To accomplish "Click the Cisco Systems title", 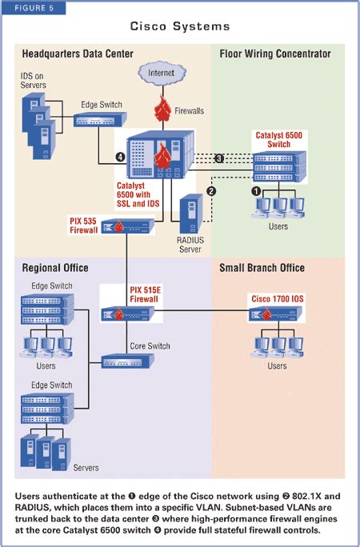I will (179, 26).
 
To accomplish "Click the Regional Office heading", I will (55, 267).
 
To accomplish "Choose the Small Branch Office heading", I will (262, 267).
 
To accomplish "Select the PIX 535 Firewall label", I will (83, 224).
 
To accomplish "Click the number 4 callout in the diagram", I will (120, 157).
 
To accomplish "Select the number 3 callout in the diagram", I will (219, 158).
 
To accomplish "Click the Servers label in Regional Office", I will (86, 467).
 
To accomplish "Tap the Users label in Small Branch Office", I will (277, 365).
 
